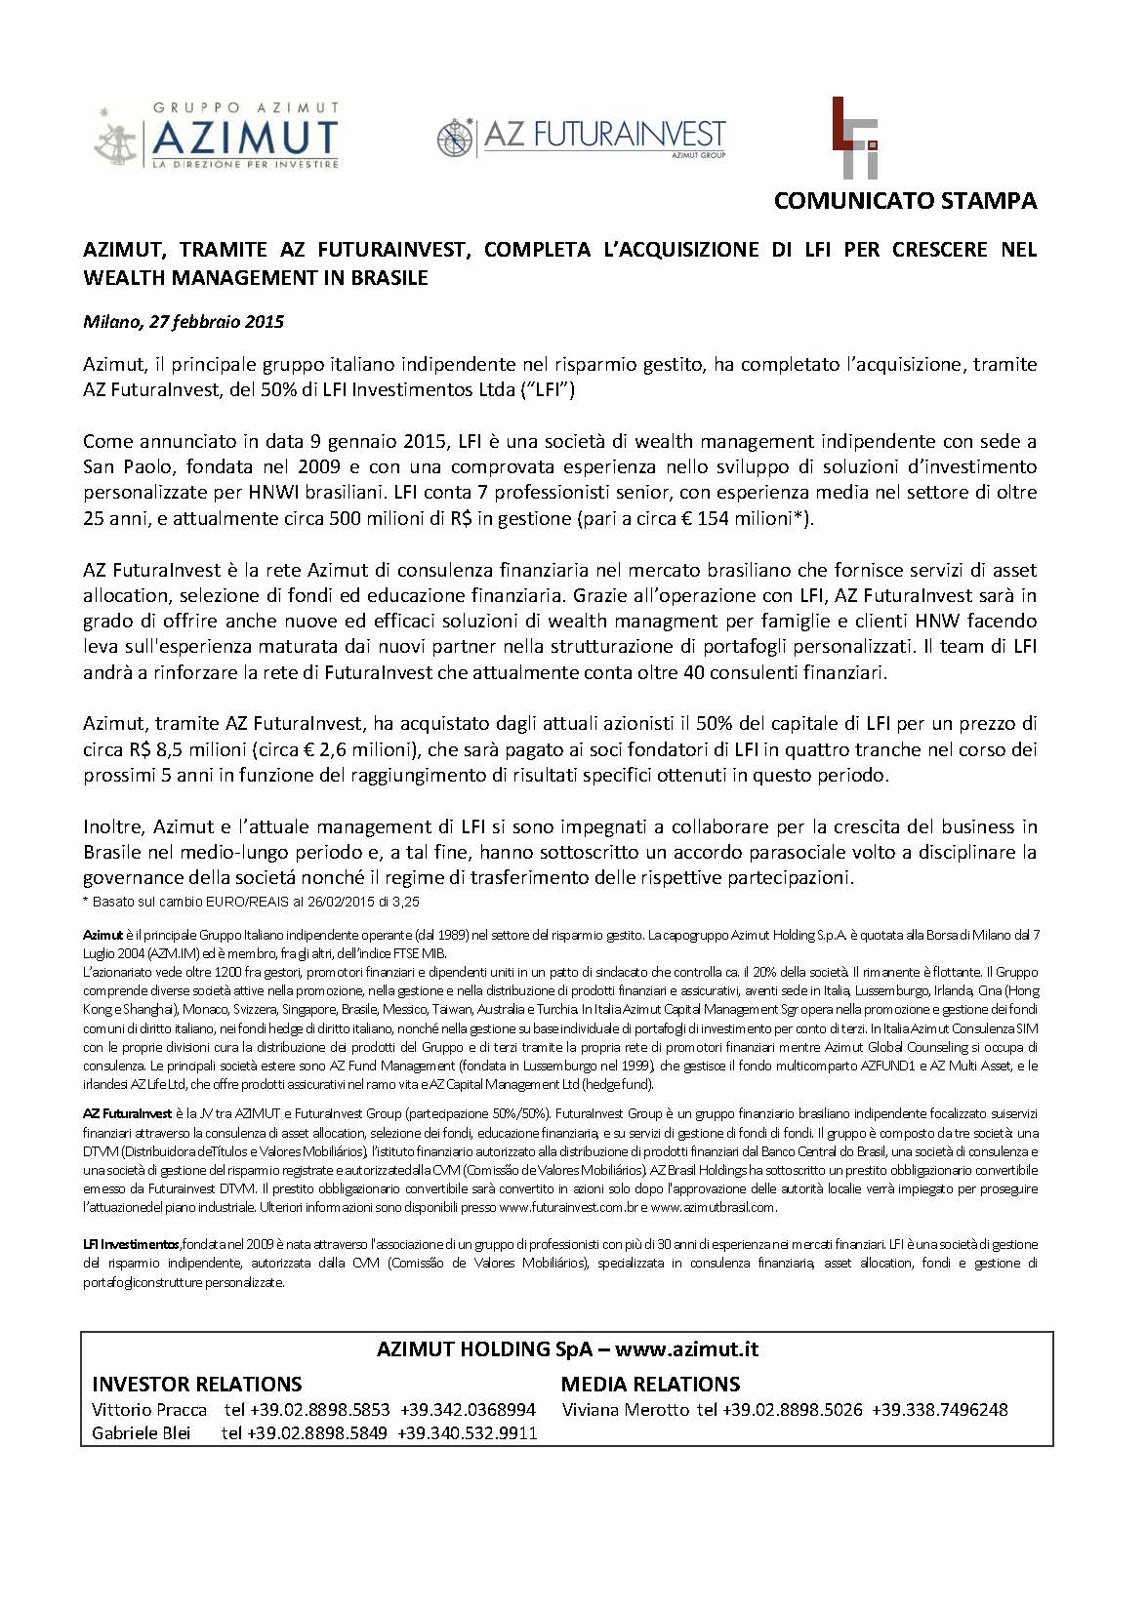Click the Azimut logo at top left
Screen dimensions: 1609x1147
click(217, 135)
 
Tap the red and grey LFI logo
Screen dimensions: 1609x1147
click(854, 138)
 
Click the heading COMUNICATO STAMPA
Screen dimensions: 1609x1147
click(905, 201)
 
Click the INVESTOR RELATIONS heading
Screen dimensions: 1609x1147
click(196, 1384)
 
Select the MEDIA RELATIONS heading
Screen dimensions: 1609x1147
click(650, 1384)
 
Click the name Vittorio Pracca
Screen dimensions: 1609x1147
click(149, 1409)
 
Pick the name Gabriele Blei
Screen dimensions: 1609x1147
click(142, 1432)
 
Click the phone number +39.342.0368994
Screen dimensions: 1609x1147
click(469, 1409)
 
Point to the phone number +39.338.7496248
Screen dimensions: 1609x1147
click(940, 1409)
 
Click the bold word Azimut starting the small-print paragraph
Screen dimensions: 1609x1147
click(102, 935)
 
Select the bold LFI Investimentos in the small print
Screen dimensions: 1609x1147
click(131, 1245)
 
